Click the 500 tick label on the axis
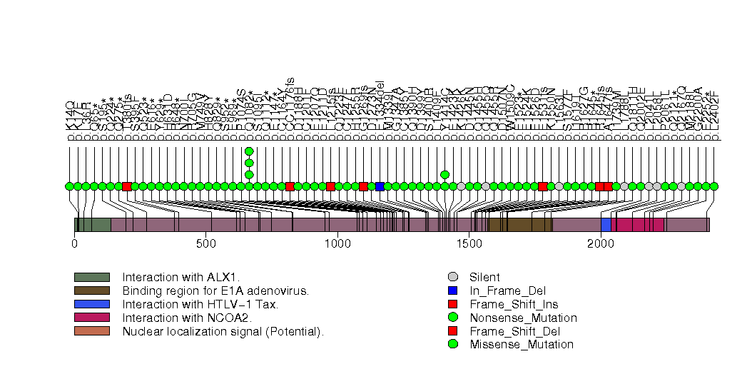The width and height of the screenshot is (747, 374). pos(206,243)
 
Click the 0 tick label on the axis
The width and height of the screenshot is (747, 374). pos(75,243)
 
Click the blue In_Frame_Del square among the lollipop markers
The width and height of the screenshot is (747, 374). pos(380,186)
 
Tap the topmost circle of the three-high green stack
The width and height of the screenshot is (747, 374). pos(249,151)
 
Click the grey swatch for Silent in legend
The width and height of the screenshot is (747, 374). pos(452,277)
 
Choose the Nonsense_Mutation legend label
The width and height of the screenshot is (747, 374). pos(523,318)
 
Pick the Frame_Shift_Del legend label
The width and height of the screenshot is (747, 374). pos(514,331)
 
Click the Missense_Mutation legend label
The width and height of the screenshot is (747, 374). pos(521,345)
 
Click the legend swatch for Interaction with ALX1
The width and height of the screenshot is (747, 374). pos(91,277)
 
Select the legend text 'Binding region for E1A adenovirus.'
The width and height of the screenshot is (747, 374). pos(215,290)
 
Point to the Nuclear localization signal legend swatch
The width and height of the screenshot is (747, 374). pos(91,331)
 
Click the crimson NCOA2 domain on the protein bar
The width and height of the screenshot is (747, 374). pos(640,225)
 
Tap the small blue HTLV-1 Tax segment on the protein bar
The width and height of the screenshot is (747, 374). pos(606,225)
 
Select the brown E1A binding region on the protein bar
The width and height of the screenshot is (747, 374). pos(520,225)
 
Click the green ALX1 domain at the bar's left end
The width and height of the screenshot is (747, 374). pos(93,225)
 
